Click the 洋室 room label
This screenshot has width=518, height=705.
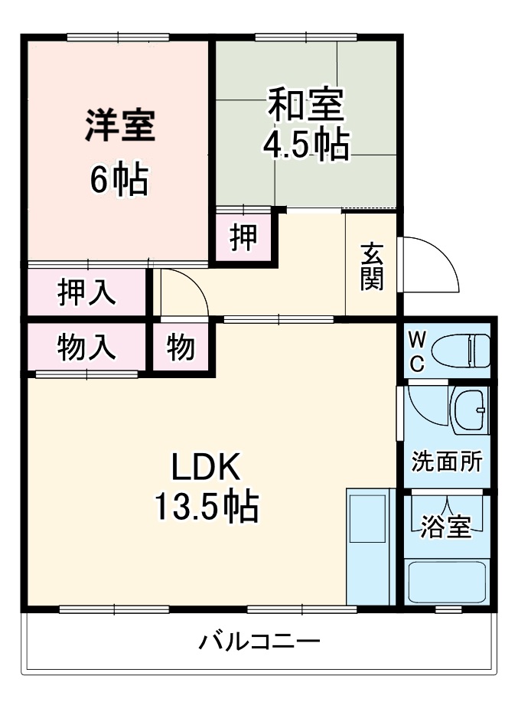point(120,126)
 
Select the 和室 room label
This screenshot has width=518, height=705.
point(305,105)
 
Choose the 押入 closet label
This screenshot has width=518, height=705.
point(86,293)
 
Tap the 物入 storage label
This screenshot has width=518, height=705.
point(86,348)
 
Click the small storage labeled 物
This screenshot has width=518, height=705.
point(181,348)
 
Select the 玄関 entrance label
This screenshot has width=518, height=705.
point(372,266)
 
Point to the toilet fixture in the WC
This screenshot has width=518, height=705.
point(460,351)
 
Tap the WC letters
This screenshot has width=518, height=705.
point(416,351)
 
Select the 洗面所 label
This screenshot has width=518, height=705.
point(447,462)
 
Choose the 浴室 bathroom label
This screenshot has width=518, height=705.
point(446,527)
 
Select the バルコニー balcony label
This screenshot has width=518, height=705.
point(259,641)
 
